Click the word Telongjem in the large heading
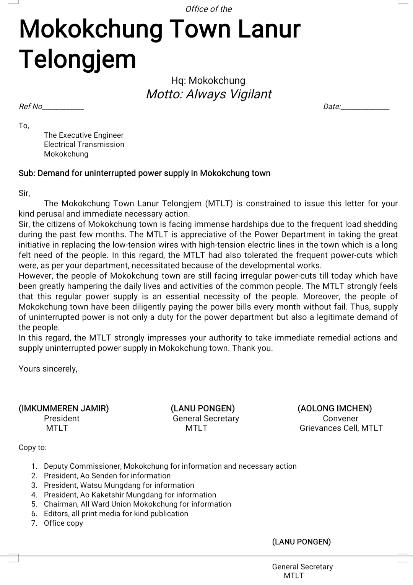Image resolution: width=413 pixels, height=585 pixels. [78, 59]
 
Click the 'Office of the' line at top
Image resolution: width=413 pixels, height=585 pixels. [208, 9]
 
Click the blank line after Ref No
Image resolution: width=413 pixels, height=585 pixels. [63, 108]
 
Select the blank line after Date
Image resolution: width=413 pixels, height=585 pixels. [365, 108]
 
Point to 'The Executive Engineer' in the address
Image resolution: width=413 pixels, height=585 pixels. [84, 135]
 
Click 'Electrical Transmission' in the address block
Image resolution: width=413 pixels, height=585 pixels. [84, 145]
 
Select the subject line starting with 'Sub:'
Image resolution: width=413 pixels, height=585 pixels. [145, 173]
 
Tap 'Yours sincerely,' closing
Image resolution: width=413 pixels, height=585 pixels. [48, 369]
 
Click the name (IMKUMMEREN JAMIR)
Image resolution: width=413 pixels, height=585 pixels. [64, 409]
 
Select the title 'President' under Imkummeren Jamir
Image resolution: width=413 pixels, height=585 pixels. [62, 419]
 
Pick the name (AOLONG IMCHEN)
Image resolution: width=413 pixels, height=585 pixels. [335, 409]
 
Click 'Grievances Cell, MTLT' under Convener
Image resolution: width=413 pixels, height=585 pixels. [341, 428]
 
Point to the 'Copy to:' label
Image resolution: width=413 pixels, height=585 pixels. [33, 448]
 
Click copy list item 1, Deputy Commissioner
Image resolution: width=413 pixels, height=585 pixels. [170, 466]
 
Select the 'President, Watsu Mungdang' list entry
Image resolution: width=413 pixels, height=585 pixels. [119, 486]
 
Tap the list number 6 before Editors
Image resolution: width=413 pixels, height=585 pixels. [34, 514]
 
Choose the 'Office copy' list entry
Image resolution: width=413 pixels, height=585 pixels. [63, 523]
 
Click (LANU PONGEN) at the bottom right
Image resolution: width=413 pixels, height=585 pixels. [301, 542]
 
